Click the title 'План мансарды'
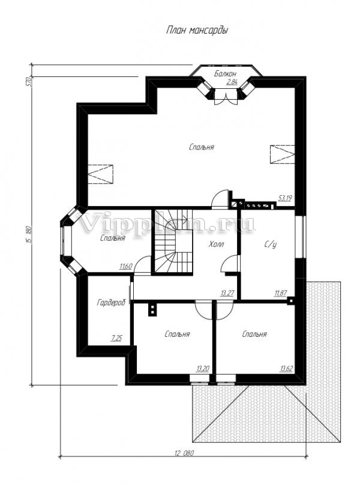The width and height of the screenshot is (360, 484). [x=197, y=30]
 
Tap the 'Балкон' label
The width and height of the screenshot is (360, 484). [x=225, y=74]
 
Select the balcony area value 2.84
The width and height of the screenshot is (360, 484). [x=232, y=82]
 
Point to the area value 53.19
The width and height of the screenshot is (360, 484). [x=285, y=198]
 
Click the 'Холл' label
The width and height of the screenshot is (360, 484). [x=216, y=244]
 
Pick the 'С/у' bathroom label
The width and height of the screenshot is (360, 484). [x=271, y=244]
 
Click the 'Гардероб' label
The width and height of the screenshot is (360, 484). [x=112, y=303]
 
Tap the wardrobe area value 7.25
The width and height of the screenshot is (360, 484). [x=116, y=338]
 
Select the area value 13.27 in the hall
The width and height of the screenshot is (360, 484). [x=227, y=293]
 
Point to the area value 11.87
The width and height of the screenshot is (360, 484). [x=280, y=293]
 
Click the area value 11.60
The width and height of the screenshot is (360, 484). [x=125, y=266]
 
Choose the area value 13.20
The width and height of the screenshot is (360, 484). [x=203, y=369]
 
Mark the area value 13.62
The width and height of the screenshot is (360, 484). [x=286, y=369]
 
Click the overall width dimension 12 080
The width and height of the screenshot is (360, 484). [x=184, y=453]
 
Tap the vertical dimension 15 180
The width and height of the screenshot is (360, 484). [x=29, y=235]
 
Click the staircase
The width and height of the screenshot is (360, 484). [x=173, y=241]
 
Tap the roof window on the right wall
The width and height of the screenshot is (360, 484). [x=282, y=154]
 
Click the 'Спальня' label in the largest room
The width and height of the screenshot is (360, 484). [x=202, y=147]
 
